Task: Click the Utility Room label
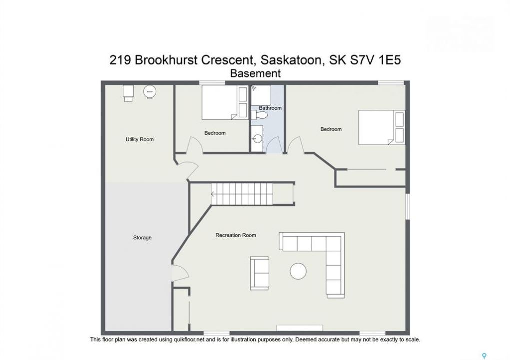click(x=139, y=139)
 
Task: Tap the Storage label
click(x=142, y=238)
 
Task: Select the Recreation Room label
click(x=236, y=235)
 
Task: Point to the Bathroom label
click(x=270, y=108)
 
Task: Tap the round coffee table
click(x=298, y=271)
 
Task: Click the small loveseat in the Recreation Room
click(x=260, y=273)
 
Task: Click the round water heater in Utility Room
click(x=150, y=92)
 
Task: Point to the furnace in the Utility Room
click(x=128, y=93)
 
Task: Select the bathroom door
click(x=274, y=145)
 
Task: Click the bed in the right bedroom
click(x=381, y=127)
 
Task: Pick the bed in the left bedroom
click(x=225, y=102)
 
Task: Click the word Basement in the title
click(x=255, y=73)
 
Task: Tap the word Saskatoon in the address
click(x=291, y=60)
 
